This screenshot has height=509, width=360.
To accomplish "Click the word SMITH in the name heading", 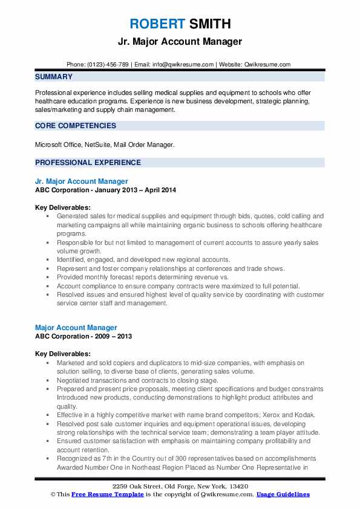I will coord(209,24).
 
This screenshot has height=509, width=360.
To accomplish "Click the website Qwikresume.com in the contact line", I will coord(268,64).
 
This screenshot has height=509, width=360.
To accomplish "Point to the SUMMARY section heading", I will coord(54,77).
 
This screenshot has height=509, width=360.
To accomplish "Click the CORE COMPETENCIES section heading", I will coord(76,126).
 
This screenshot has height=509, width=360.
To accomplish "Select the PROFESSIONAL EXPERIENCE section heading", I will coord(88,163).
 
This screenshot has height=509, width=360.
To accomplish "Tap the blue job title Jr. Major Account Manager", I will coord(82,181).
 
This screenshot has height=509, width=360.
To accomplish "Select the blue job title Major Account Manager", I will coord(76,328).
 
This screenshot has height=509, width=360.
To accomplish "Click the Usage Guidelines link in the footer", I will coord(283,494).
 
